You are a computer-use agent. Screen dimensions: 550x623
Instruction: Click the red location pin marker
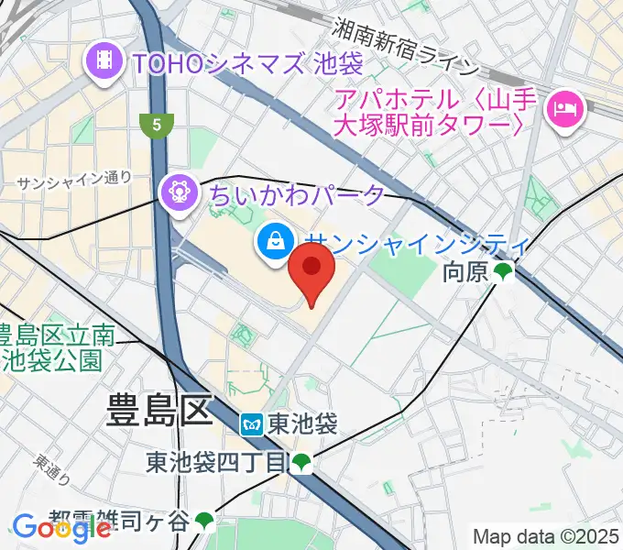(x=311, y=275)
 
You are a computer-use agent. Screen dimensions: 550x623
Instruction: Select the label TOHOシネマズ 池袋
(x=248, y=63)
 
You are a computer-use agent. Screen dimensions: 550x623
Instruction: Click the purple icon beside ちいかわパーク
(x=179, y=192)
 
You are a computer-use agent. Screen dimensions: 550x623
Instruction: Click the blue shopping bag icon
(x=274, y=243)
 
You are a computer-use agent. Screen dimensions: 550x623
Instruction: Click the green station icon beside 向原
(x=502, y=271)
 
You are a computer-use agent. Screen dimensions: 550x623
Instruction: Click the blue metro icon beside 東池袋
(x=253, y=424)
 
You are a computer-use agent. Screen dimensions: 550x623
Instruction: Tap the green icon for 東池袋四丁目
(x=301, y=465)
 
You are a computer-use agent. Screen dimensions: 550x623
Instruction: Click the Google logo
(x=60, y=528)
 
